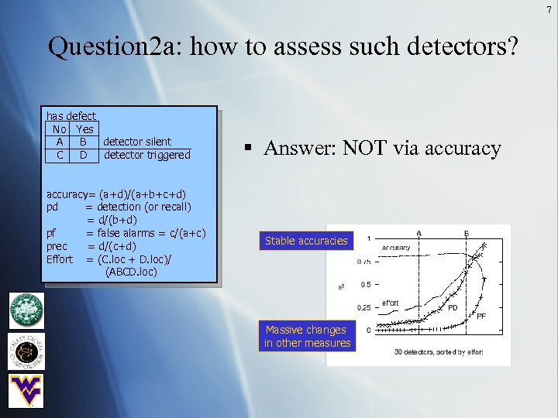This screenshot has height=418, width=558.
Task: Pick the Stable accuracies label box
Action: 306,241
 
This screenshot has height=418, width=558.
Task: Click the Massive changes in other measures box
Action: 307,336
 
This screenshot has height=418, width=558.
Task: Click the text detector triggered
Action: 146,155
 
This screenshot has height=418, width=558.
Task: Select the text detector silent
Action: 137,142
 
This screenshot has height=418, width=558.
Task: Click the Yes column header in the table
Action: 84,128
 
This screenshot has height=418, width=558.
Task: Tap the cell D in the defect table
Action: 83,155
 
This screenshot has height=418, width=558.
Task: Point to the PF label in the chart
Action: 480,316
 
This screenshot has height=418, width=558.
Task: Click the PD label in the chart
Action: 454,307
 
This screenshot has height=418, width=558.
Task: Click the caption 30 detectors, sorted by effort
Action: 439,351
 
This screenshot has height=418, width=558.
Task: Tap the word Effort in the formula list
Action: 60,259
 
